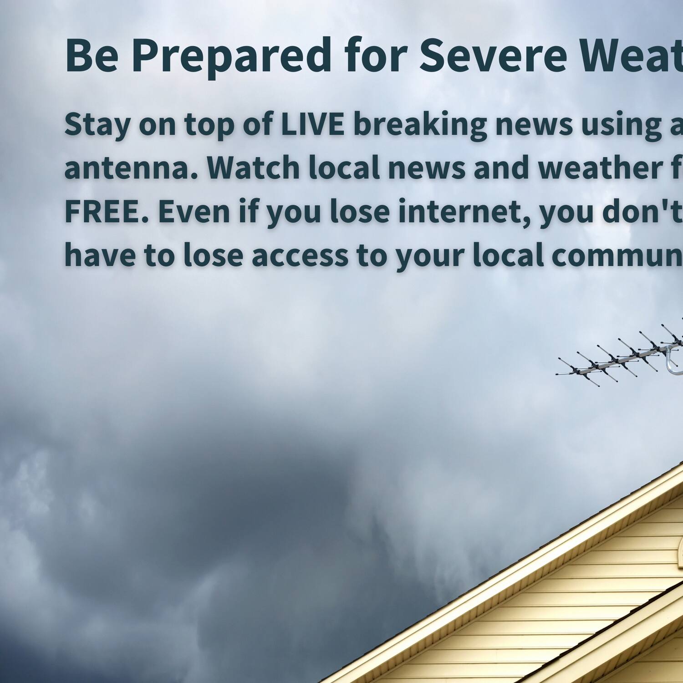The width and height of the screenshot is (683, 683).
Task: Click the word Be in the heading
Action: (x=92, y=56)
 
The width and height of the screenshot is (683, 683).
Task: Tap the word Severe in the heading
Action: (x=493, y=56)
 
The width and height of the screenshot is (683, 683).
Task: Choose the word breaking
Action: (x=420, y=125)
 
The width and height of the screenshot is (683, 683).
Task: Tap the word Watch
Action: (x=253, y=167)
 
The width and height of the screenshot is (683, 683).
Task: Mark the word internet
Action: (x=464, y=211)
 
